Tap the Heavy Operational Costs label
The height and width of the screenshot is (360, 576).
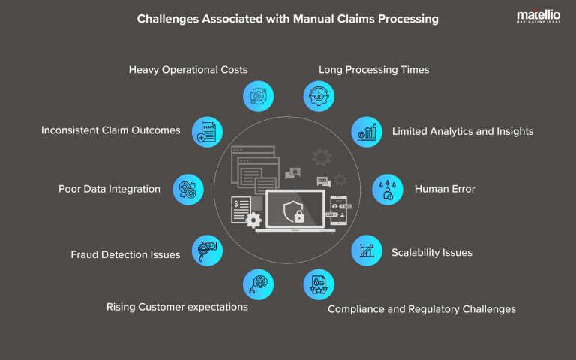[188, 70]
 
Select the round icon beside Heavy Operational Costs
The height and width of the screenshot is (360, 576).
[258, 96]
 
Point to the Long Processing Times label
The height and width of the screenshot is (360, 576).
[373, 70]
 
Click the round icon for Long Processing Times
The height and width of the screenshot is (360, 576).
[319, 96]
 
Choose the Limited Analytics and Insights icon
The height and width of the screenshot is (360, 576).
[367, 131]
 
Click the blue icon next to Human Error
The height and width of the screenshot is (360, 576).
[388, 189]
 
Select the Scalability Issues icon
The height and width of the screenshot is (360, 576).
[367, 250]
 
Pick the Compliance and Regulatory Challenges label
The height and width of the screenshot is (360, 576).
[421, 309]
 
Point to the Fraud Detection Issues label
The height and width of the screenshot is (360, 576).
[125, 254]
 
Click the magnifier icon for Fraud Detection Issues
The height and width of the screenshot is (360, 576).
[208, 250]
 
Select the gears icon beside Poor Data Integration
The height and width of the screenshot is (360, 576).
[187, 189]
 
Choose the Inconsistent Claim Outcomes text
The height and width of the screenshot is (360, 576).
[111, 130]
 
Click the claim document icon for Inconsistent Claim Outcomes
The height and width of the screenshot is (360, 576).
[208, 131]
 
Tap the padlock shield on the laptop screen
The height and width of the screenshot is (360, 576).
[295, 213]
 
